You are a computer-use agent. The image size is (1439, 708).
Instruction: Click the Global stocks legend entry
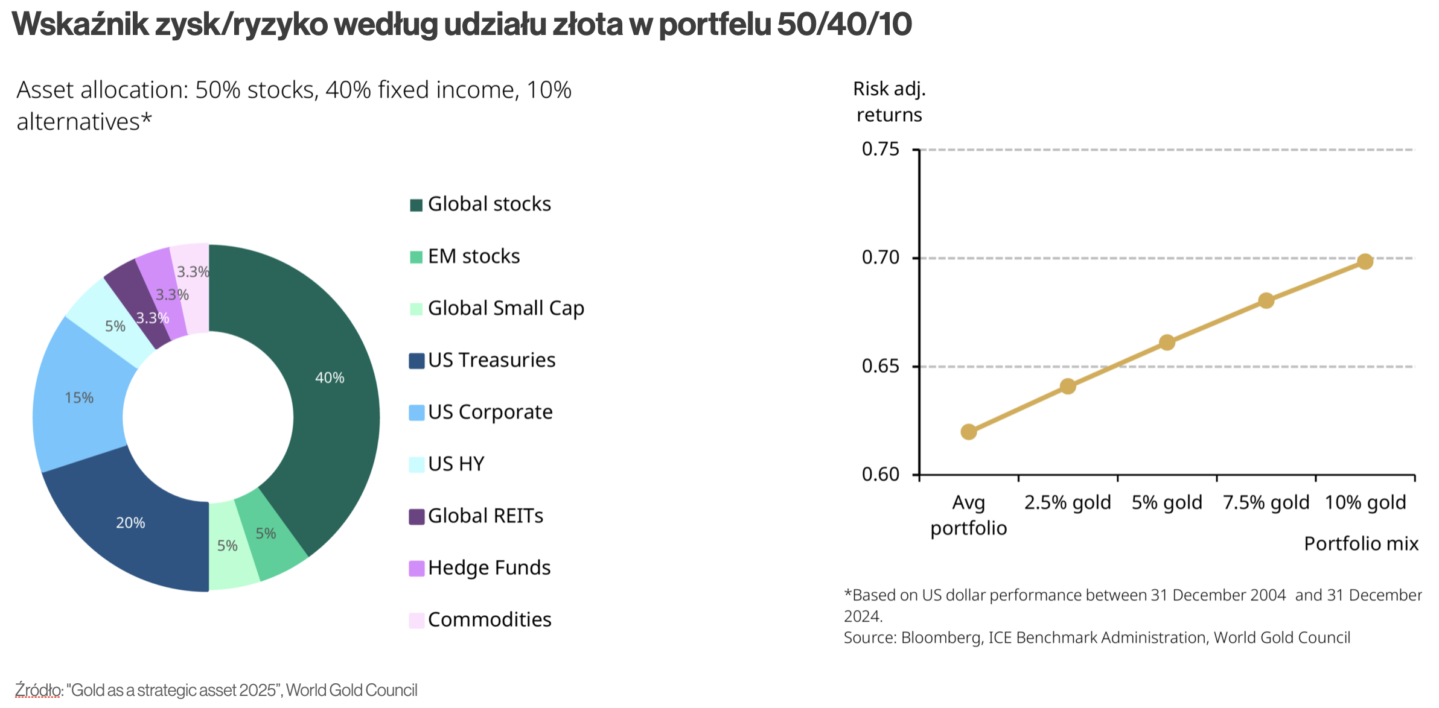(480, 204)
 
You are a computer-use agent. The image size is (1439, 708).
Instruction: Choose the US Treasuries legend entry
(482, 360)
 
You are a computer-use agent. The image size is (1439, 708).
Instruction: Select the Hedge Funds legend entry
(480, 568)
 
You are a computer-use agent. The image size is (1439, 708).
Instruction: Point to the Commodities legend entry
(480, 620)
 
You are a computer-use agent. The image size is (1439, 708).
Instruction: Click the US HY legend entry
(447, 464)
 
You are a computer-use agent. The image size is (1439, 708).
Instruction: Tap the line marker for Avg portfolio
(968, 432)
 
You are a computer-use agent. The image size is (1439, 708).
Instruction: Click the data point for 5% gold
(1167, 343)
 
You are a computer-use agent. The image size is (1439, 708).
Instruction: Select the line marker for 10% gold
(1365, 261)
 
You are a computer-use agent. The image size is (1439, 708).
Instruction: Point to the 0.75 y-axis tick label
(880, 149)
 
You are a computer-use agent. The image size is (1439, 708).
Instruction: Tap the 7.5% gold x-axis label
(1266, 502)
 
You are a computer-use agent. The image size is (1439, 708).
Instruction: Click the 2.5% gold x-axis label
(1067, 502)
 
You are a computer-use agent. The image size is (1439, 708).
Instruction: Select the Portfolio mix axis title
(1361, 544)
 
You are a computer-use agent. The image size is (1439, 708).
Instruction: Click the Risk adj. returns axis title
(889, 102)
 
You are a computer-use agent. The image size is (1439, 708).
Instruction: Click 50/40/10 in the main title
(844, 25)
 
